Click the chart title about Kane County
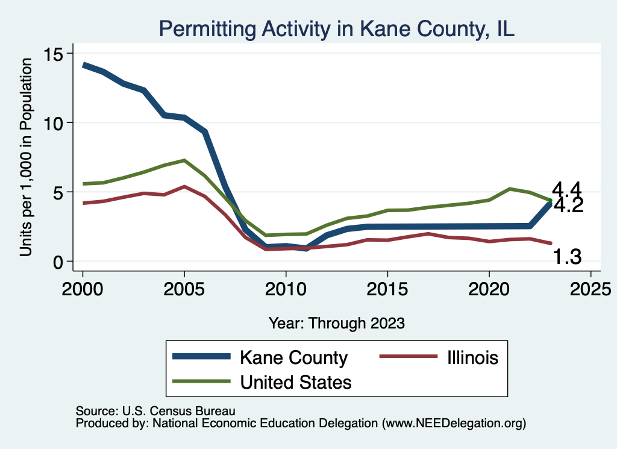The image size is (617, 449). pos(336,29)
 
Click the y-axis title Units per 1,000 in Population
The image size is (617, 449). pos(26,158)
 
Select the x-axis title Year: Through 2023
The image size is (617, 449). pos(336,322)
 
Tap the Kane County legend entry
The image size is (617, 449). pos(293,357)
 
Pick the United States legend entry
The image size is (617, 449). pos(295,381)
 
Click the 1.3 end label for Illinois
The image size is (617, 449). pos(567,257)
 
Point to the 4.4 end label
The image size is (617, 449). pos(566,189)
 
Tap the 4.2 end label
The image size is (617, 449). pos(568,206)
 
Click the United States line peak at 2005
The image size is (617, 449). pos(184,160)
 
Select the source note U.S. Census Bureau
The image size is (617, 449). pos(155,410)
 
